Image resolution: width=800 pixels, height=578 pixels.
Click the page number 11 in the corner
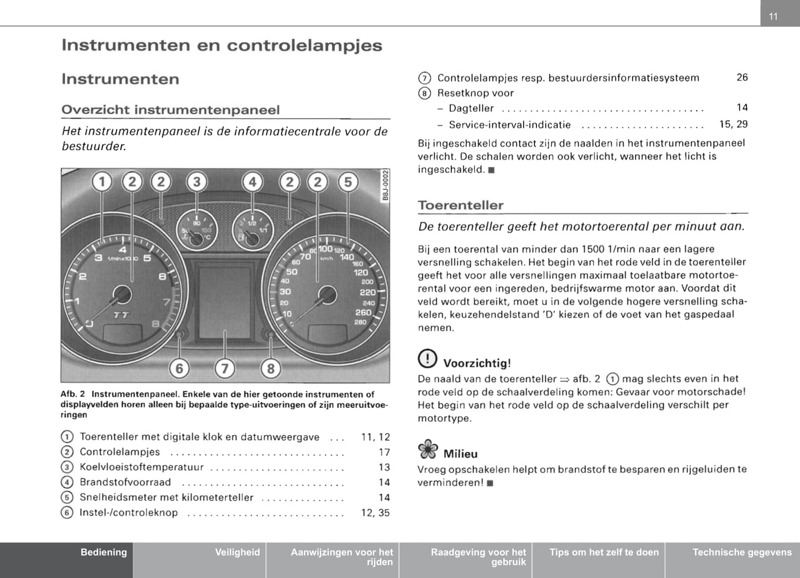click(773, 17)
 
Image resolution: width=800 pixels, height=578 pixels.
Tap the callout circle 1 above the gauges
click(102, 182)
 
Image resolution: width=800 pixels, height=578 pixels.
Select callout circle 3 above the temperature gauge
click(197, 182)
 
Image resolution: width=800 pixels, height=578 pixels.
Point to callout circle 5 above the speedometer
click(348, 182)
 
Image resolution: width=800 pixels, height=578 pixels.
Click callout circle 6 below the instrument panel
click(179, 369)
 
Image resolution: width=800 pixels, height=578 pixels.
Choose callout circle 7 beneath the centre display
click(225, 369)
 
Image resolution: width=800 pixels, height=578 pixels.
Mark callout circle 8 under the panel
click(271, 369)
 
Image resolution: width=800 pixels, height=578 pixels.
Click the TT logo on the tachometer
click(121, 315)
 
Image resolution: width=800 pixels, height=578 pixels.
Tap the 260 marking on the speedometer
click(363, 313)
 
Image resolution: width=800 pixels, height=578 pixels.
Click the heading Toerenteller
click(461, 205)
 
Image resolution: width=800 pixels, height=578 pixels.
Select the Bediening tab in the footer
click(104, 552)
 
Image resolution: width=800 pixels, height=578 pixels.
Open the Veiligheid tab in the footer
click(237, 552)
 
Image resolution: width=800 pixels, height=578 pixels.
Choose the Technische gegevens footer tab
click(742, 552)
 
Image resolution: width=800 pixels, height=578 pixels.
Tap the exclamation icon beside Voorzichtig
click(427, 359)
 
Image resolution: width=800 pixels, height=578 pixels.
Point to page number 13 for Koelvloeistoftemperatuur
click(384, 467)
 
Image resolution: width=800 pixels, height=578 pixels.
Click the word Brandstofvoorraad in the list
click(125, 482)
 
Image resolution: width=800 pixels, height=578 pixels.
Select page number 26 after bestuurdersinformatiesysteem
click(742, 78)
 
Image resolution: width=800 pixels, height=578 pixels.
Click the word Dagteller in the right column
click(471, 108)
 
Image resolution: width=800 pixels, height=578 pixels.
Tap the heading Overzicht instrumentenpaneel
click(171, 110)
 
